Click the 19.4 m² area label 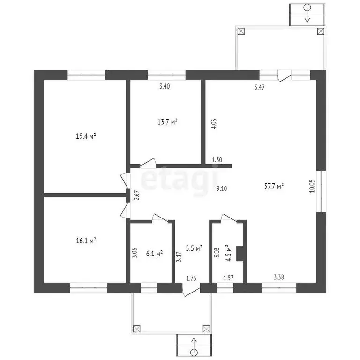(86, 136)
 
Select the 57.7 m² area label (274, 187)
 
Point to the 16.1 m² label (86, 240)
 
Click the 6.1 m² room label (154, 254)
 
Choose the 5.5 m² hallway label (194, 248)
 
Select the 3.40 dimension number (165, 86)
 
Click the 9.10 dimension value (222, 188)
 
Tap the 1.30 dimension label (217, 160)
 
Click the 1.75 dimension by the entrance (191, 278)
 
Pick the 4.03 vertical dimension (214, 123)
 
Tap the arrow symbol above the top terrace (307, 13)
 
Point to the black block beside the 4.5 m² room (240, 253)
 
